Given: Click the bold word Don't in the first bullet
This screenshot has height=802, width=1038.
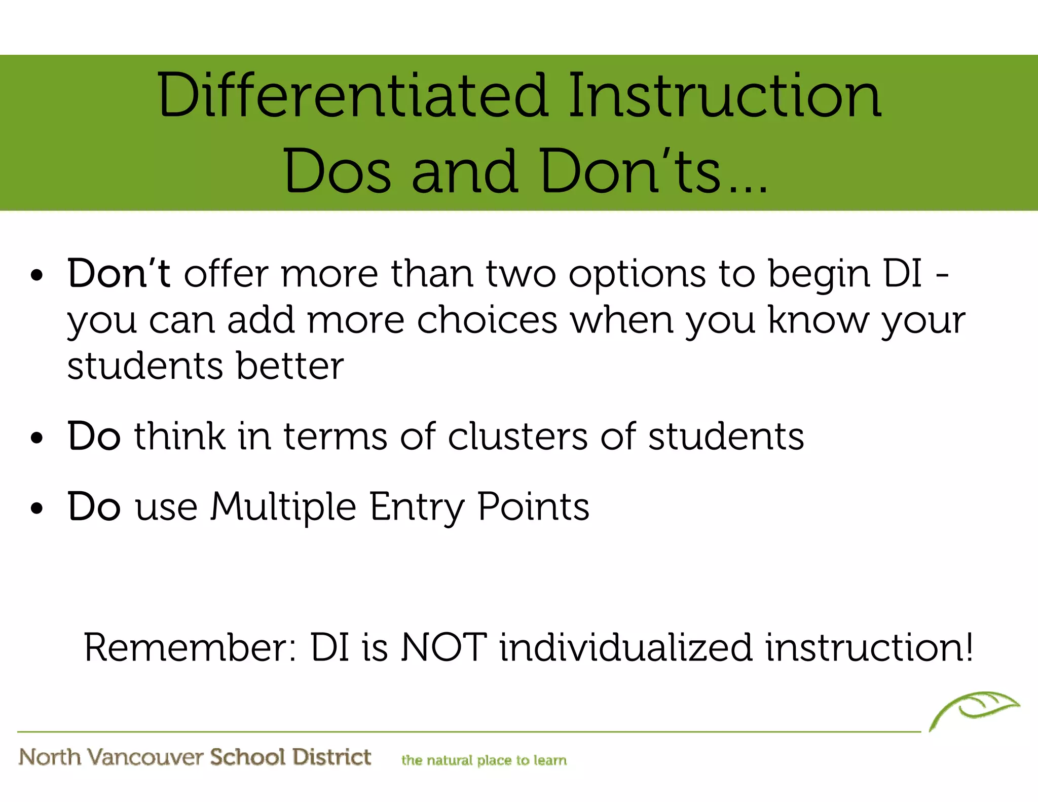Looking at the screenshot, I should [119, 274].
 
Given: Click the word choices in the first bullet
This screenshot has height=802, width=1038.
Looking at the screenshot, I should [487, 320].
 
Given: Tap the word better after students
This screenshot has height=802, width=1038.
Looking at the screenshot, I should [289, 366].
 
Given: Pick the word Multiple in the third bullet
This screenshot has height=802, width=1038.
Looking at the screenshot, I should [283, 507].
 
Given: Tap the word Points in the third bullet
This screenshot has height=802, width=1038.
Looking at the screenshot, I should [533, 507].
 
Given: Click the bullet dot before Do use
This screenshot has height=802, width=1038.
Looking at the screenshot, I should [37, 508].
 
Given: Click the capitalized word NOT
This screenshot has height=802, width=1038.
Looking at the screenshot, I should [443, 648].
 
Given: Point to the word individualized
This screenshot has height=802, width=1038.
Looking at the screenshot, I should [625, 648].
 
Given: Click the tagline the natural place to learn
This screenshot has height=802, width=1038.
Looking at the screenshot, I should [484, 760].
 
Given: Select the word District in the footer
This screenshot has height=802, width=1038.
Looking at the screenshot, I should [331, 757].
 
